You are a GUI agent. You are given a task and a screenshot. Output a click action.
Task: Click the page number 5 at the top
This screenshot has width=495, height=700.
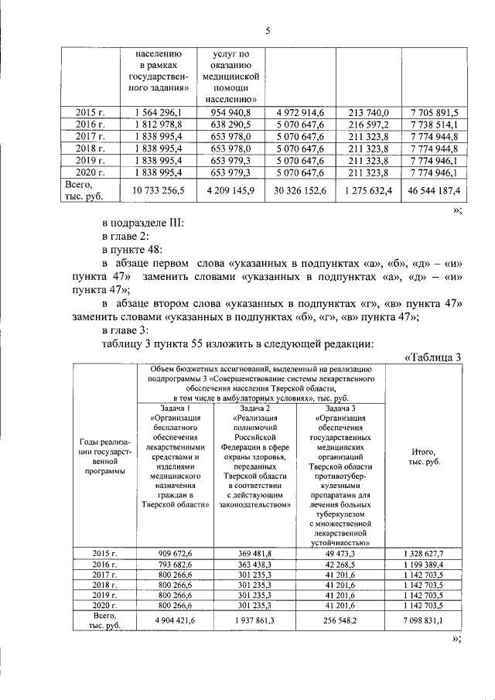267,31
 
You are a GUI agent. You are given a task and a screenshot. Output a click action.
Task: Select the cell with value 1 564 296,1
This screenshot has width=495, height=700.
159,113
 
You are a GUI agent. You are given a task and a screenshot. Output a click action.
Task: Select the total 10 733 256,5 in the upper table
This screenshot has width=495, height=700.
159,190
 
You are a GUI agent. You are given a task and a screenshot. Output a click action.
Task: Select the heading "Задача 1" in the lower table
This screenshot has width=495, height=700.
172,408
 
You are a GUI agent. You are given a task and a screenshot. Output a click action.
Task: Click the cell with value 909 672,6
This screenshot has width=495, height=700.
172,554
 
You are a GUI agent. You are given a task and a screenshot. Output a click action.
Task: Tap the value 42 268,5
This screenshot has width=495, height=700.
340,565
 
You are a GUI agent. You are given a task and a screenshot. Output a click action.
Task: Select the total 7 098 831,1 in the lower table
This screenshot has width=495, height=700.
422,620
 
